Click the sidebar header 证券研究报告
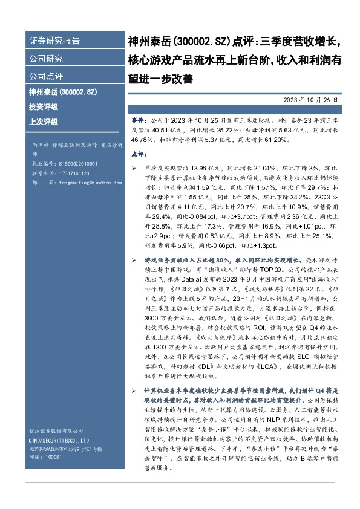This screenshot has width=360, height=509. tap(54, 41)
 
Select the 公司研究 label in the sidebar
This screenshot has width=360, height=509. tap(46, 59)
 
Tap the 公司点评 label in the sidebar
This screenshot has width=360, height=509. tap(46, 76)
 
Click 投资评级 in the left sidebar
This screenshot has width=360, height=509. tap(44, 106)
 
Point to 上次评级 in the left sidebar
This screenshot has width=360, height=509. tap(44, 122)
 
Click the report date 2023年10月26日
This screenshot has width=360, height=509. tap(310, 99)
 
